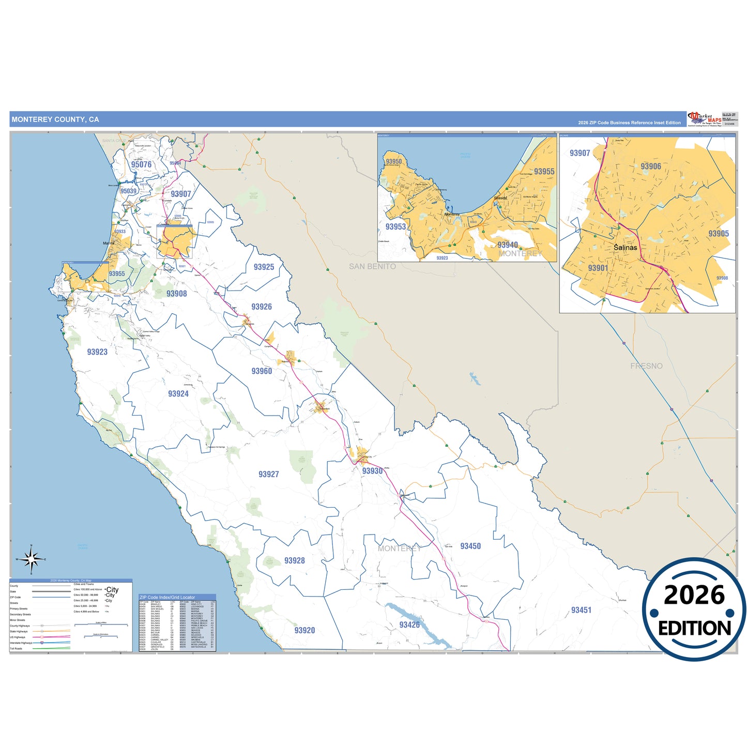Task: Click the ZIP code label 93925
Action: (264, 267)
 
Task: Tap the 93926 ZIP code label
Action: (262, 307)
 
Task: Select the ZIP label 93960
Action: (262, 371)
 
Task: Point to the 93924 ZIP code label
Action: (178, 394)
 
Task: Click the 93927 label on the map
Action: (269, 475)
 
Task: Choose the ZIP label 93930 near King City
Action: (372, 471)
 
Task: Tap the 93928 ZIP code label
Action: (295, 561)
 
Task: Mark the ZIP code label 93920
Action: (304, 631)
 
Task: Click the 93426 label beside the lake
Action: (409, 625)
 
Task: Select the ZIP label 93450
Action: (470, 546)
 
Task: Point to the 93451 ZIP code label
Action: (581, 611)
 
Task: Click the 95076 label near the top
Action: (141, 165)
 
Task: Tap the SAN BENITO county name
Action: (372, 267)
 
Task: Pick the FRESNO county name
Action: (646, 366)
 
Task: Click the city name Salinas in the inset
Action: (626, 248)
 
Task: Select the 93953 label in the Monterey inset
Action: (395, 227)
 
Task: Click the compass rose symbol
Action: (32, 559)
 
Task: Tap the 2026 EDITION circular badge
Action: (694, 609)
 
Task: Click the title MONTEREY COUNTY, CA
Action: (55, 119)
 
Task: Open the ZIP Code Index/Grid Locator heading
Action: (167, 597)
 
